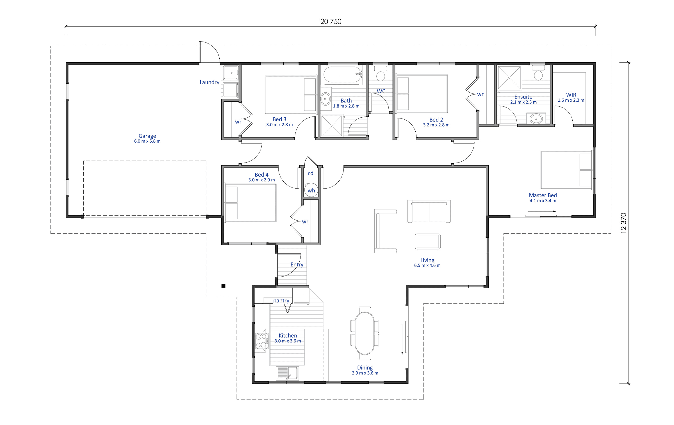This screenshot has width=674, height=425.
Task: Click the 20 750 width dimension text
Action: tap(331, 22)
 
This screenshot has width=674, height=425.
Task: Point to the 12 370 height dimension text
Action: tap(623, 223)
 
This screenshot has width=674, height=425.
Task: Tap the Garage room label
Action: tap(147, 136)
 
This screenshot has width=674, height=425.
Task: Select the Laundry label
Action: tap(209, 82)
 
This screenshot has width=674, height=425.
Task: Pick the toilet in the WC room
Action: tap(381, 74)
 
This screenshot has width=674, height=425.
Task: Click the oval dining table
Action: tap(365, 333)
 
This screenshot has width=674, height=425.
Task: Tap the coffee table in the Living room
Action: tap(427, 241)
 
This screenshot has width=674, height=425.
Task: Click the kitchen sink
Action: tap(287, 373)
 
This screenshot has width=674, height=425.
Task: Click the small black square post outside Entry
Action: tap(223, 286)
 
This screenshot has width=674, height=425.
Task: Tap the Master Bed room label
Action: tap(543, 195)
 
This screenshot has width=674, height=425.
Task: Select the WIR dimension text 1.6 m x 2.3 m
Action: tap(571, 100)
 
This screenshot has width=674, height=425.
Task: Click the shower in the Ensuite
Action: tap(509, 78)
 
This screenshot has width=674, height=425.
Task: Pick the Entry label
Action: tap(297, 264)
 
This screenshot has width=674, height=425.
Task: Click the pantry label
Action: tap(281, 301)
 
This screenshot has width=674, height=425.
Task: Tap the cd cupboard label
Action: tap(310, 173)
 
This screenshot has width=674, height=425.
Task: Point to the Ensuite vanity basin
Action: tap(536, 119)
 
